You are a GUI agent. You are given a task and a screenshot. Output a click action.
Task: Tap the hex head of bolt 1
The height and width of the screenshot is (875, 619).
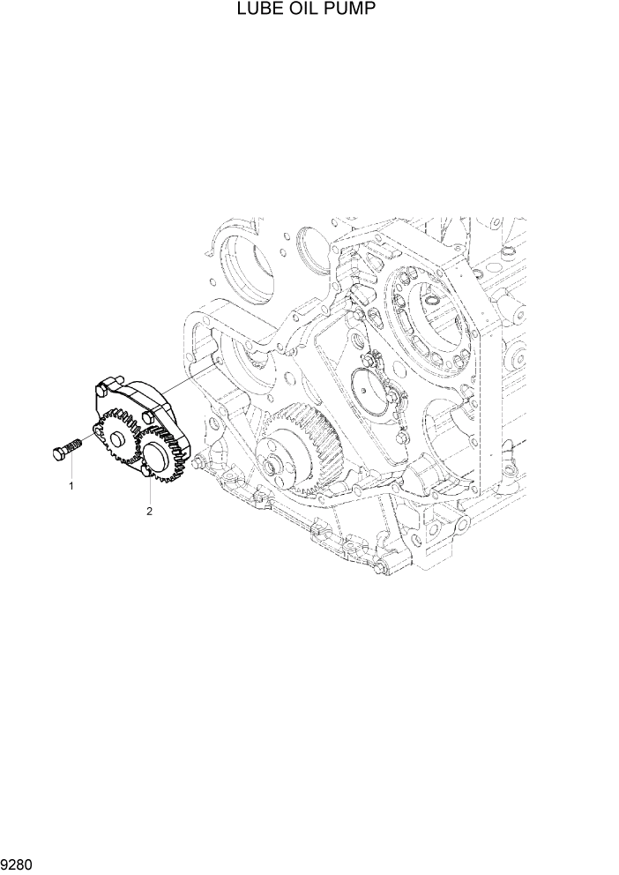pos(59,452)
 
